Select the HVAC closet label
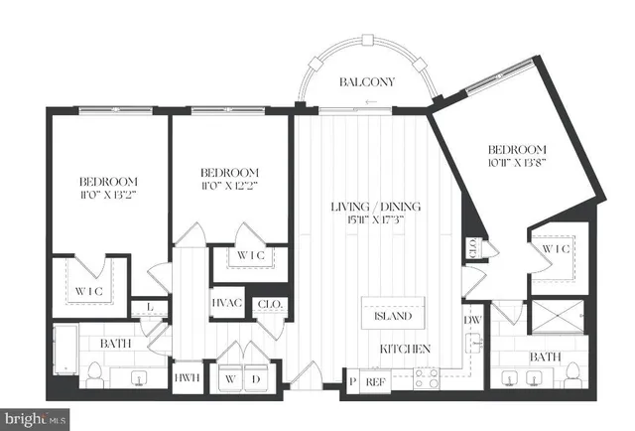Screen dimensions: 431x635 (x=225, y=305)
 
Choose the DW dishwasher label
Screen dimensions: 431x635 (x=472, y=320)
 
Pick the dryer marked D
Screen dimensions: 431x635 (x=255, y=378)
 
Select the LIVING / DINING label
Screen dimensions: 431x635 (x=377, y=206)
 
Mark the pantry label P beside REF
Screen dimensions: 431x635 (x=351, y=378)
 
